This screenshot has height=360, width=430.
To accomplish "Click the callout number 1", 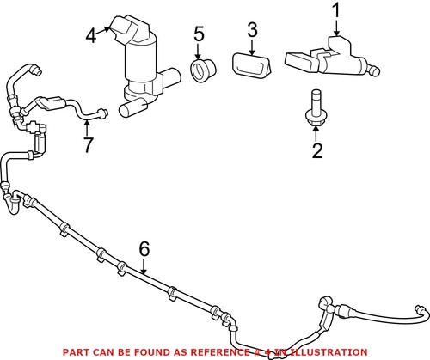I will pyautogui.click(x=336, y=13).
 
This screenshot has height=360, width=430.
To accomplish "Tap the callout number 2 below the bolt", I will pyautogui.click(x=317, y=152).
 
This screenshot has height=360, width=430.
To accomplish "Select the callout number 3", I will pyautogui.click(x=252, y=32).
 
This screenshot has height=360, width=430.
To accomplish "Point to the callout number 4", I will pyautogui.click(x=91, y=36).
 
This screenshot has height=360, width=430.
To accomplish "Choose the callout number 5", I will pyautogui.click(x=199, y=35).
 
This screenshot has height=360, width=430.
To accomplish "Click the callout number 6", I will pyautogui.click(x=144, y=249).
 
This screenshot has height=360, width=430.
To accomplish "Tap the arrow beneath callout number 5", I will pyautogui.click(x=200, y=52).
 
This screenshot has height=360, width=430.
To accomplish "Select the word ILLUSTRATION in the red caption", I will pyautogui.click(x=322, y=351).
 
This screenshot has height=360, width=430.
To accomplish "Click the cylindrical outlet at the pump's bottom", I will pyautogui.click(x=134, y=107).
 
